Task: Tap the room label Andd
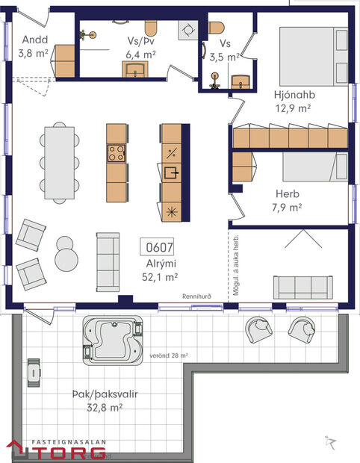coord(34,39)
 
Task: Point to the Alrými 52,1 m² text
coord(161,270)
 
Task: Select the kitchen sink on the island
coord(171,174)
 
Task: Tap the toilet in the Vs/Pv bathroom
coord(149,28)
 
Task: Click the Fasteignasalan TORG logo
coord(56,449)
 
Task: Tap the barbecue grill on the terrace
coord(34,371)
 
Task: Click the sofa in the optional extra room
coord(302,285)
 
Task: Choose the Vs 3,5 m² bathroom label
coord(223,49)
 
